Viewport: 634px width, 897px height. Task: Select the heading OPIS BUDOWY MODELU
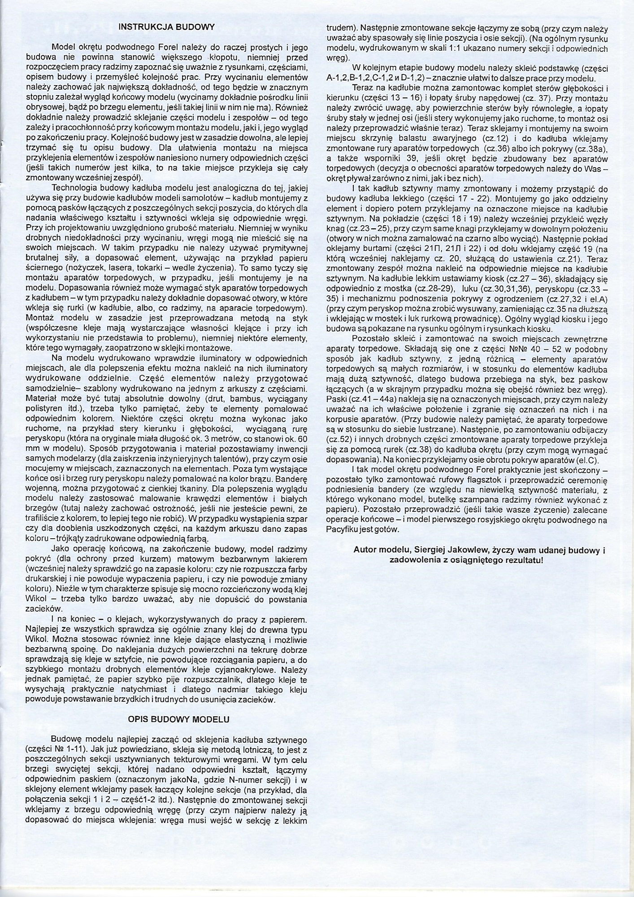click(178, 719)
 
